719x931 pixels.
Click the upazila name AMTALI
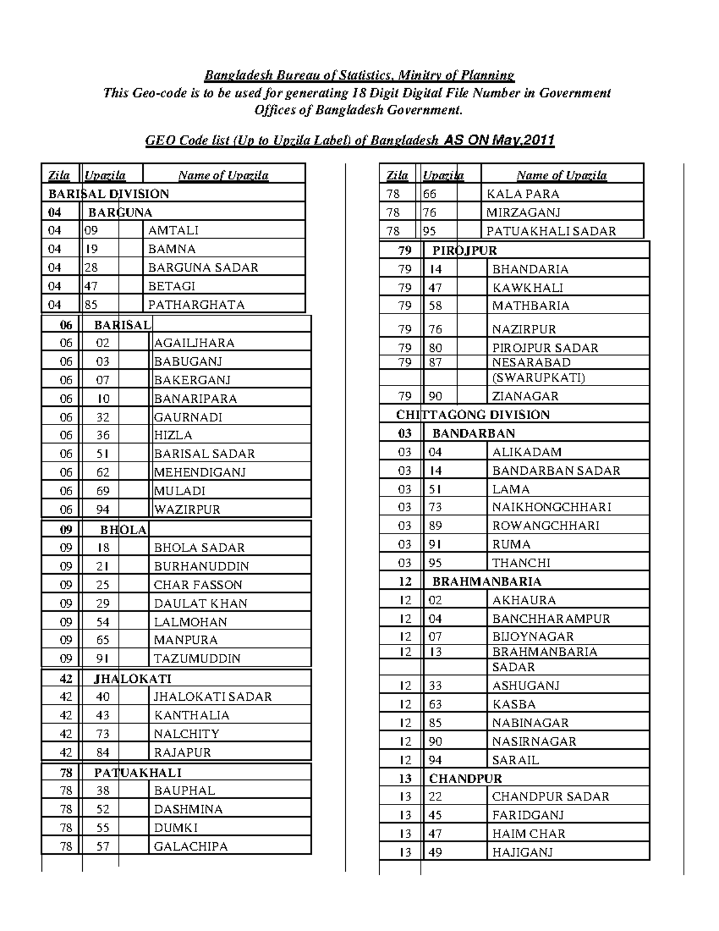173,231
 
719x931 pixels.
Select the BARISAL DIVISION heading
108,194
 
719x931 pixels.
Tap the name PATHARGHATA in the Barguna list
197,305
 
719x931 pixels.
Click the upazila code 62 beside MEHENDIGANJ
103,472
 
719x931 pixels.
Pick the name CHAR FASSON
198,585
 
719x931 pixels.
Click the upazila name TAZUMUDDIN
197,659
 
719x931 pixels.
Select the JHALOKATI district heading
132,679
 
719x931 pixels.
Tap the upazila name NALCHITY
186,734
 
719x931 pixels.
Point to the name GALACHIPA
191,846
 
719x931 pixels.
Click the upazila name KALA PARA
523,194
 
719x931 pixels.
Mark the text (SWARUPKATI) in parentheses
539,378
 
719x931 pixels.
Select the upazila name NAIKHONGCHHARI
552,507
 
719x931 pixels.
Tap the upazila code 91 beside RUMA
436,544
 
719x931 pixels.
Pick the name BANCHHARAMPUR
551,619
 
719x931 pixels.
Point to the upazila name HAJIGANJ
522,852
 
